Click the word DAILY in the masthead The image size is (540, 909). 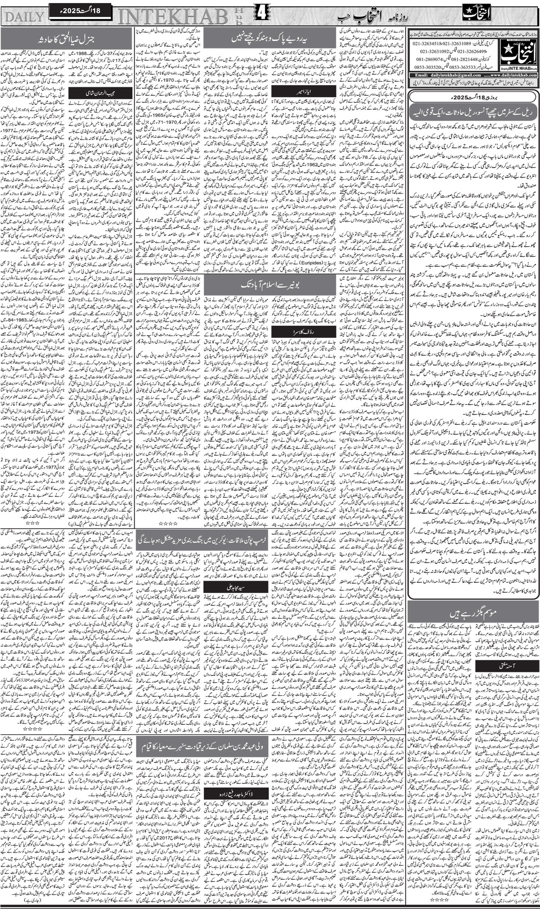point(25,17)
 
